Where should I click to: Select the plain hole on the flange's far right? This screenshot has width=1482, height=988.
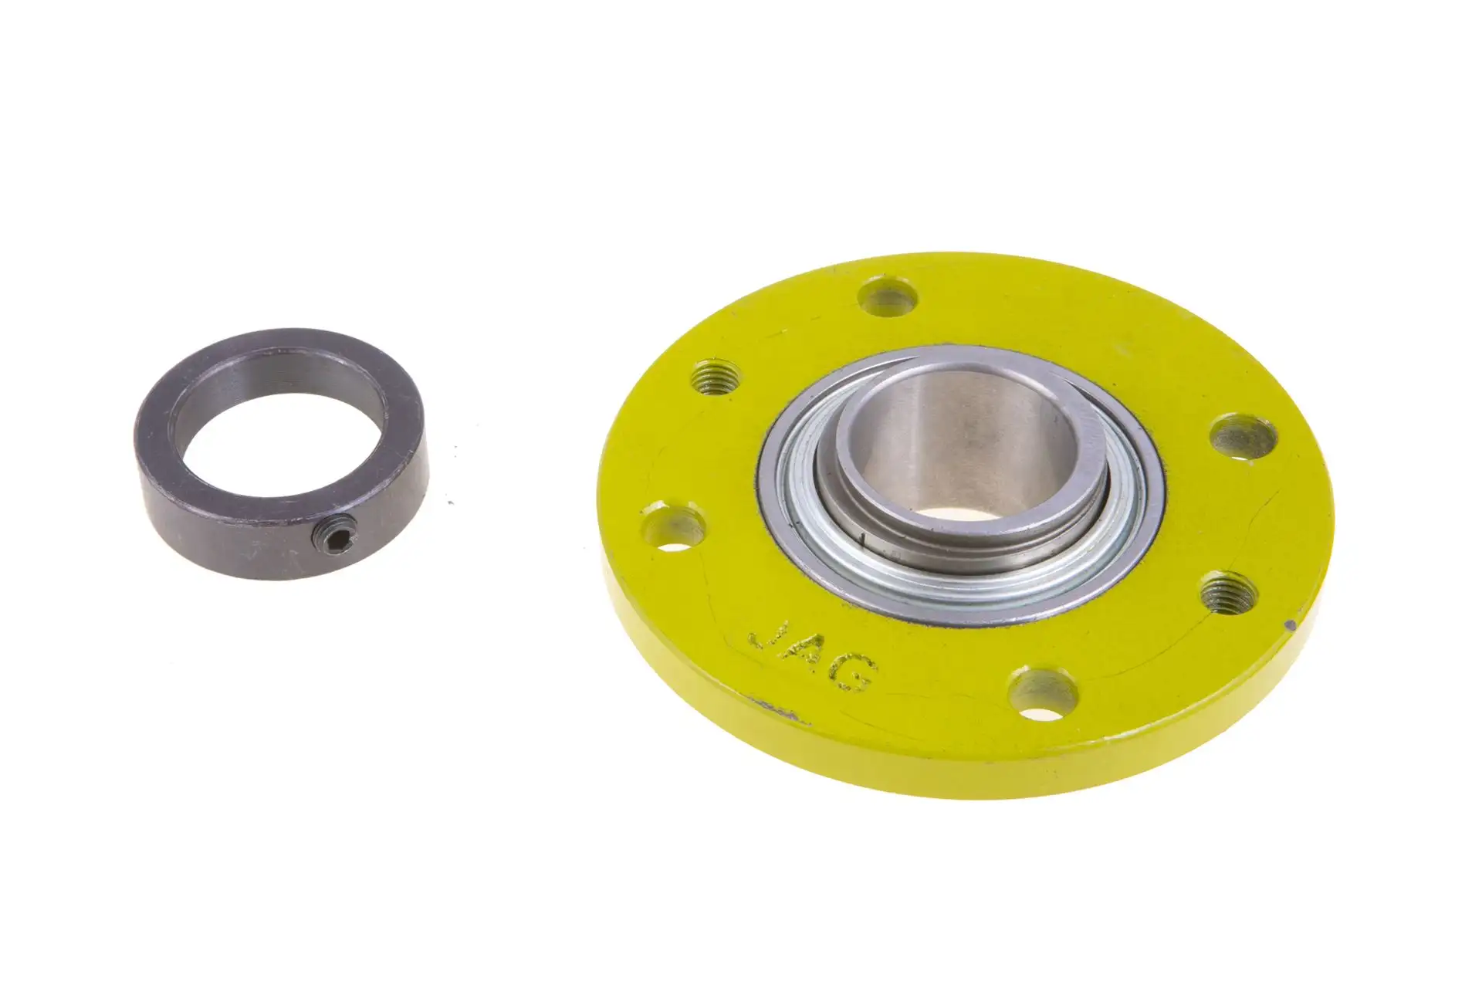tap(1242, 436)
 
